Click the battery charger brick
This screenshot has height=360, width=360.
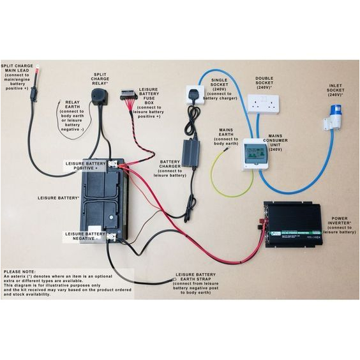tap(191, 153)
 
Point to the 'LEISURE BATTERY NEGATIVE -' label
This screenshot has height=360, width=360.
tap(87, 237)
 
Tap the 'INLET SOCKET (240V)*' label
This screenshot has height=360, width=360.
tap(337, 89)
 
